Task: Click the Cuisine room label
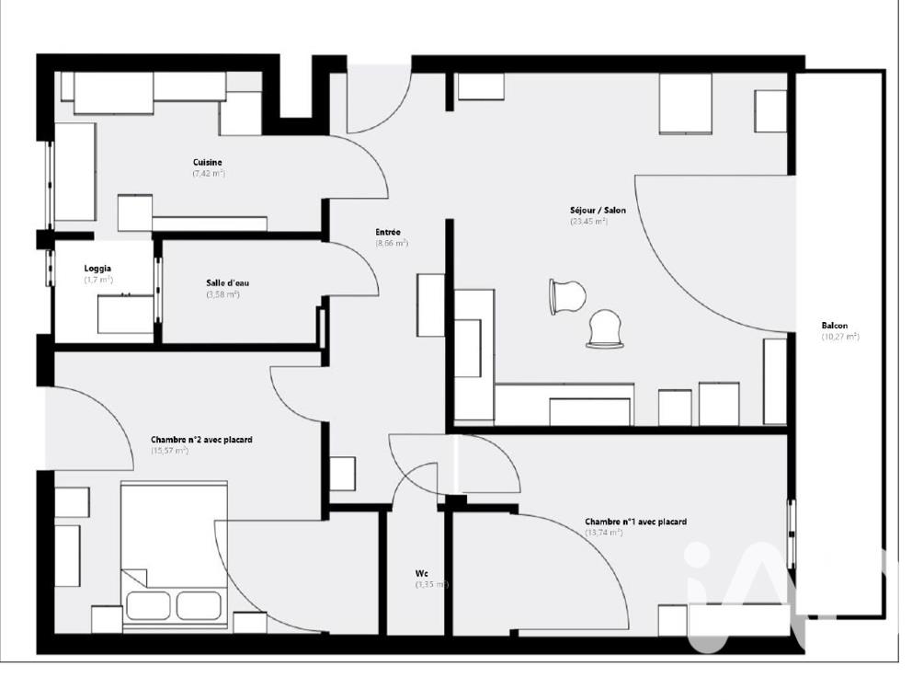click(207, 163)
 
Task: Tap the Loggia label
click(97, 269)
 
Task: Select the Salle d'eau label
click(227, 283)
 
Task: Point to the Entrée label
click(388, 233)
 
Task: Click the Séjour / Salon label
click(598, 211)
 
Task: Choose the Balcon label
click(835, 326)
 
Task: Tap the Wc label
click(421, 573)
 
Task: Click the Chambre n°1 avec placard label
click(635, 522)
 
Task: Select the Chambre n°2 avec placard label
click(201, 440)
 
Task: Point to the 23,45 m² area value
click(588, 222)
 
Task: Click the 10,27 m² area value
click(839, 337)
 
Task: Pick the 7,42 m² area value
click(209, 174)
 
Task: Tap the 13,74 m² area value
click(604, 533)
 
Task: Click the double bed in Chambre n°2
click(174, 553)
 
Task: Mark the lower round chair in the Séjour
click(605, 329)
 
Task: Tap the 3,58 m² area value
click(222, 294)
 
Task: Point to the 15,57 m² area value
click(169, 451)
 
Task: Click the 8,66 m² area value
click(392, 244)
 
